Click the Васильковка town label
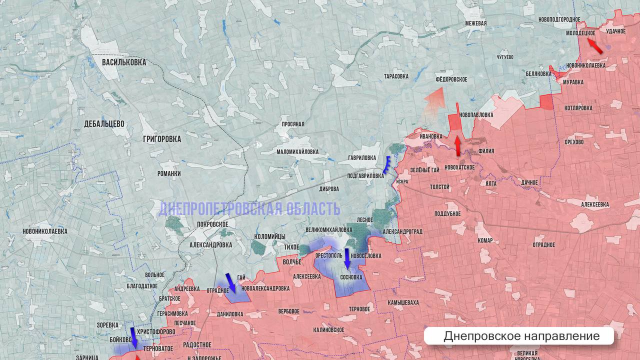click(124, 62)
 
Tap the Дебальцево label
click(104, 124)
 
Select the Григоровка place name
click(161, 139)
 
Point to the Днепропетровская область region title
click(249, 209)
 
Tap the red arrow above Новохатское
click(457, 145)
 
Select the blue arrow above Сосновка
click(347, 258)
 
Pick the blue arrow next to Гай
click(230, 283)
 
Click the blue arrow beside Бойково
click(133, 337)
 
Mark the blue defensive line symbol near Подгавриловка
click(387, 164)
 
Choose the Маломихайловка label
click(297, 151)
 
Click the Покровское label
click(212, 224)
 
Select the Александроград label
click(402, 232)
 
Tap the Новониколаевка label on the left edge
click(45, 231)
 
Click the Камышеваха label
click(403, 302)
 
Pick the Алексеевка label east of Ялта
click(594, 204)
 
